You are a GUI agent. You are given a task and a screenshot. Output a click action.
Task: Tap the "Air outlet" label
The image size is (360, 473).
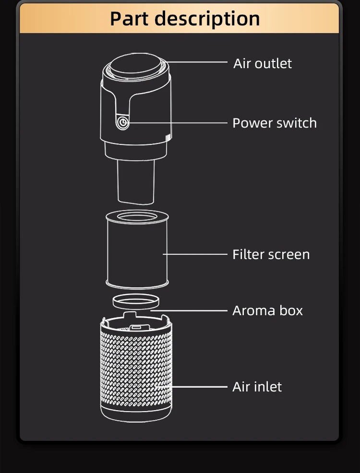click(x=263, y=63)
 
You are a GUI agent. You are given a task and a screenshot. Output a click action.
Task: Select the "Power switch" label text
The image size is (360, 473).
click(x=275, y=123)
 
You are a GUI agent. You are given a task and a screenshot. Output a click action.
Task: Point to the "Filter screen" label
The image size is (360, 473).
click(x=271, y=254)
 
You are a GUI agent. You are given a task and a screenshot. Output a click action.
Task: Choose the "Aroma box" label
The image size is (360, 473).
click(x=267, y=310)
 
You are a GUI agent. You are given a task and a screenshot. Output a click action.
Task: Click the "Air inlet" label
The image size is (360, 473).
click(x=257, y=387)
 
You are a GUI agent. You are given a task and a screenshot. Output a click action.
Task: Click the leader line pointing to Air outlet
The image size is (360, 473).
click(x=197, y=62)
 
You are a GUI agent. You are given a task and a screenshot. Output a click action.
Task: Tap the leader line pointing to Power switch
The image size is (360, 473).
click(x=178, y=123)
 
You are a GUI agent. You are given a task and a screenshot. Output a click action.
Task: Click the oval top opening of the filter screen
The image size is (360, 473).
click(x=136, y=217)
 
